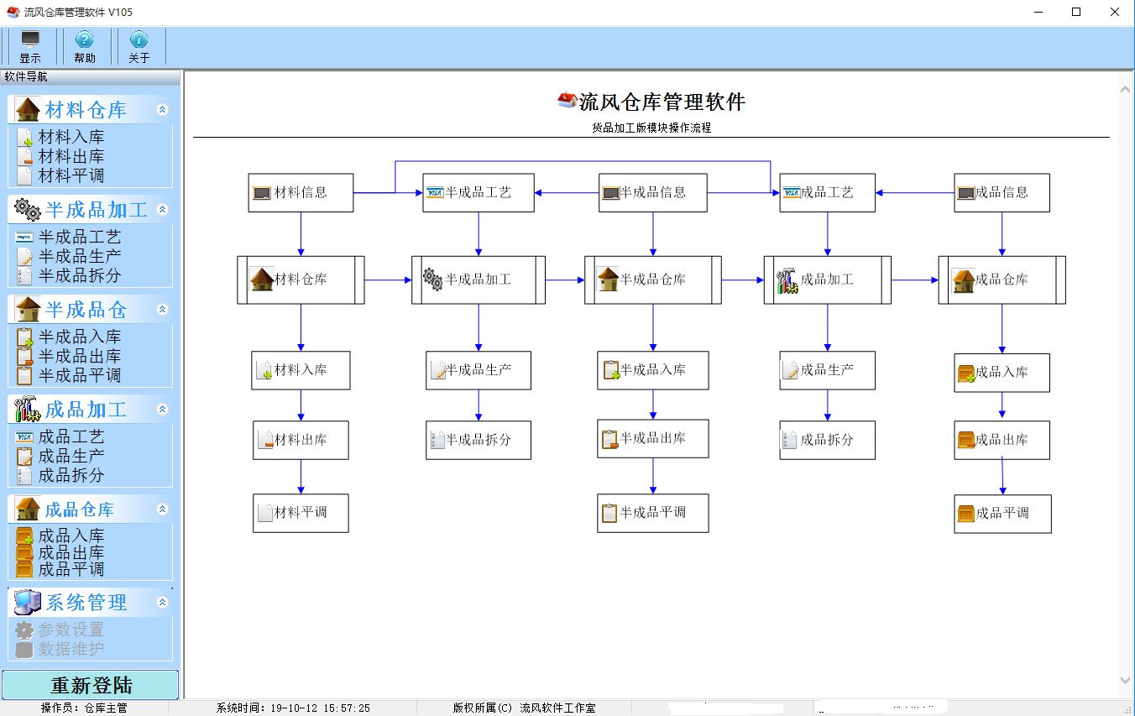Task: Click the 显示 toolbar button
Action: coord(30,47)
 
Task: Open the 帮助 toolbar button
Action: coord(85,47)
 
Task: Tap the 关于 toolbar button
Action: coord(139,47)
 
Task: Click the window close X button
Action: coord(1115,12)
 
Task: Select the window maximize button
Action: coord(1076,12)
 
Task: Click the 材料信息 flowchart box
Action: coord(301,192)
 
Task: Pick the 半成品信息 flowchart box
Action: coord(652,192)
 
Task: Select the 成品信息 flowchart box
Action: coord(1002,192)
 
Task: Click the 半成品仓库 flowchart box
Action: coord(652,280)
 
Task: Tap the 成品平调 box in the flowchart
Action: coord(1002,513)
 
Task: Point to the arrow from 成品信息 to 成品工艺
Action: coord(915,192)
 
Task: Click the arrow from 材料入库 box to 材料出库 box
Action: coord(301,405)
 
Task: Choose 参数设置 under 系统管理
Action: coord(71,630)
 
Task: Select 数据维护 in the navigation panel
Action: coord(71,649)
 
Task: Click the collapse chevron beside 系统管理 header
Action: coord(163,603)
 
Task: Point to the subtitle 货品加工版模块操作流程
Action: coord(651,128)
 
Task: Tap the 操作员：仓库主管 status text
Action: coord(84,708)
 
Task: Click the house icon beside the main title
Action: coord(567,101)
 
